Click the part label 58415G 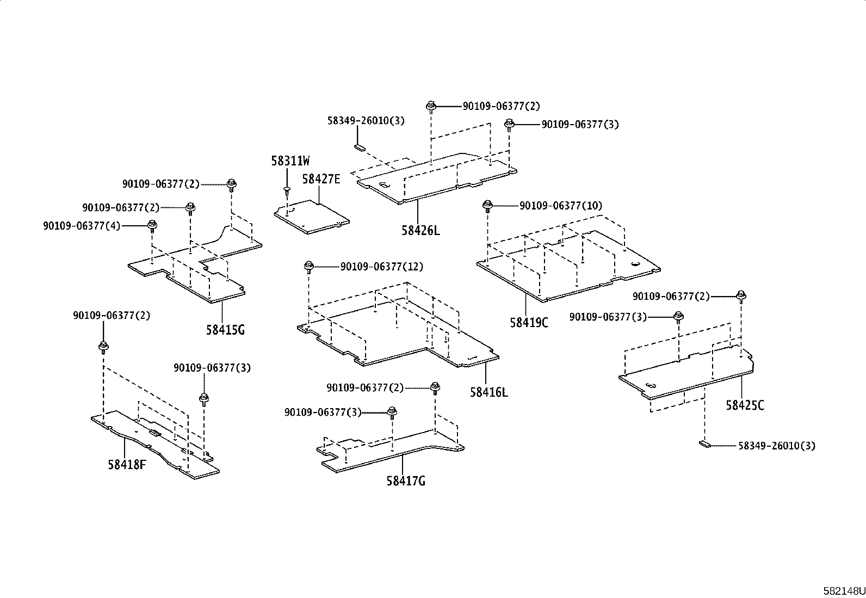[x=225, y=330]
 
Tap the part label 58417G [x=406, y=481]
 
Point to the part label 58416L [x=489, y=392]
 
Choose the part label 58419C [x=529, y=323]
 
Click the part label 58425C [x=745, y=405]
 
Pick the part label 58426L [x=420, y=230]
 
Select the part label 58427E [x=321, y=178]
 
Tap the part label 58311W [x=290, y=161]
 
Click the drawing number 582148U [x=843, y=591]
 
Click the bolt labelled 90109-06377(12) [x=308, y=267]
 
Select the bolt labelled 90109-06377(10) [x=487, y=206]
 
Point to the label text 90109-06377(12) [x=382, y=267]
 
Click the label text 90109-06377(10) [x=561, y=206]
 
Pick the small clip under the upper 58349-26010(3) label [x=359, y=146]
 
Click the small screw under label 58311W [x=286, y=190]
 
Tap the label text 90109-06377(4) [x=82, y=225]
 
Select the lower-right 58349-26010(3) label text [x=777, y=446]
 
